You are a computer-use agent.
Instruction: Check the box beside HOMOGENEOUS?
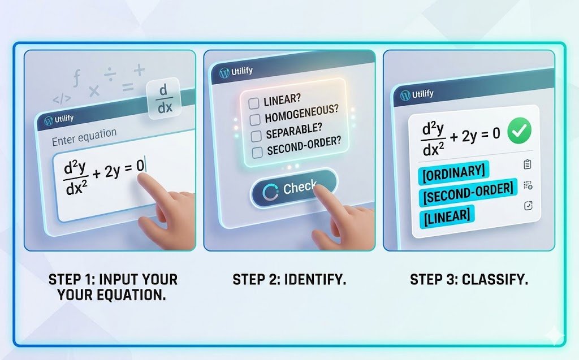tap(254, 119)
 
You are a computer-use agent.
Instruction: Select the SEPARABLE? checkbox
tap(256, 136)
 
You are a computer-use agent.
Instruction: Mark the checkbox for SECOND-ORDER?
tap(257, 152)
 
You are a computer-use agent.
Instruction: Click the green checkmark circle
tap(518, 133)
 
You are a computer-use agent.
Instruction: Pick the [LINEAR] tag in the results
tap(446, 215)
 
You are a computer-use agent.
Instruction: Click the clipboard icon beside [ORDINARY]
tap(528, 164)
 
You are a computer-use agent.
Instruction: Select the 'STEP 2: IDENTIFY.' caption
tap(289, 279)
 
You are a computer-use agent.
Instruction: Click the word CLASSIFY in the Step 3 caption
tap(495, 279)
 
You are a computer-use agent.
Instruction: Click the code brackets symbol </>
tap(62, 99)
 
